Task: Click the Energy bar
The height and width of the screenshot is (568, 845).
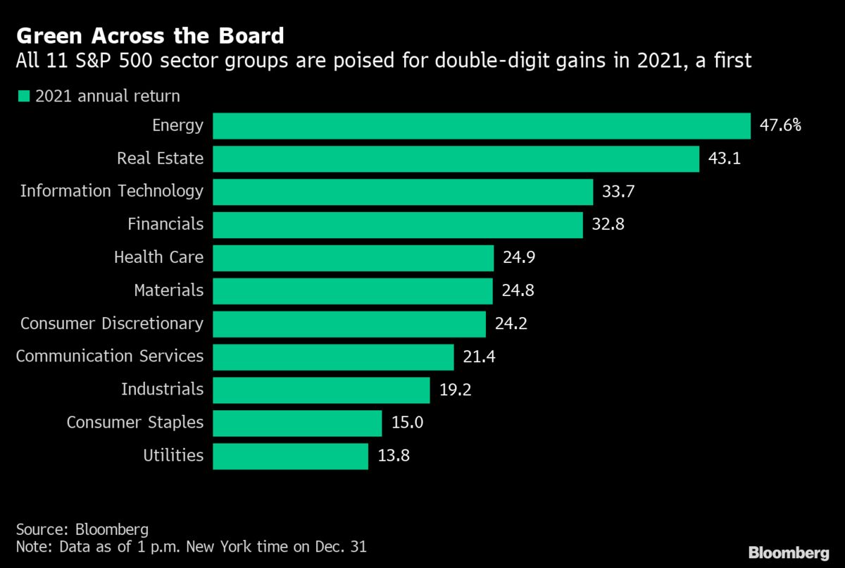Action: click(x=482, y=126)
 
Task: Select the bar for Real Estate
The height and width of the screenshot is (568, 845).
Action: click(x=456, y=159)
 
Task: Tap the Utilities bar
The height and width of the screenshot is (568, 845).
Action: click(x=290, y=456)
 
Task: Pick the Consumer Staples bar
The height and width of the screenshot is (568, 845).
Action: click(x=297, y=423)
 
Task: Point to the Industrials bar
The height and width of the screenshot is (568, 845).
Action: click(x=321, y=390)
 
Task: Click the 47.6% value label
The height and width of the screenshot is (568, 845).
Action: click(x=781, y=126)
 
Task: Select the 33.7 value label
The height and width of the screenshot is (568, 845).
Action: click(x=618, y=191)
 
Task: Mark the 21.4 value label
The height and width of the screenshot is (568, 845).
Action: click(x=478, y=357)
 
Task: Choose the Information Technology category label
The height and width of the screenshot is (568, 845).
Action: click(x=111, y=191)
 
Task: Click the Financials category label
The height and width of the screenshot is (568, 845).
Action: click(x=165, y=224)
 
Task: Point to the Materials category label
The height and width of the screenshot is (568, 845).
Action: click(x=168, y=290)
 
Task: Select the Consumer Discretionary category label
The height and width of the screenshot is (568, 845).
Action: click(x=111, y=323)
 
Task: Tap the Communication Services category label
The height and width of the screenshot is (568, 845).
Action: click(x=109, y=357)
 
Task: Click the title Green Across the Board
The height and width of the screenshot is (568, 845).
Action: click(x=150, y=36)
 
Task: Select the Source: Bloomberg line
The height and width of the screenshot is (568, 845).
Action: click(x=82, y=529)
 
